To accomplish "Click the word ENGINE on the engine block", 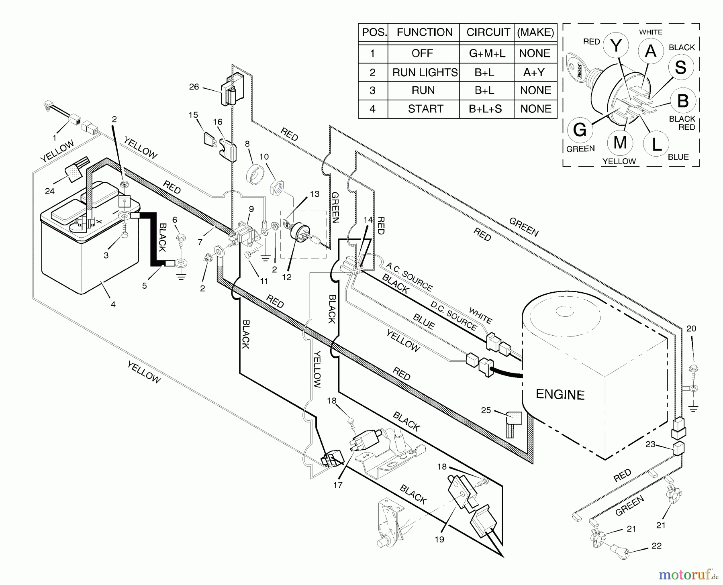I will [560, 395].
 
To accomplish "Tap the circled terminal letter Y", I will [616, 46].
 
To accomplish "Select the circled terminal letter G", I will [580, 130].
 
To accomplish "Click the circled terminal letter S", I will [680, 67].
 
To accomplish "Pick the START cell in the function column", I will [425, 109].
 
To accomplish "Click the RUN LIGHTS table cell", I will [425, 72].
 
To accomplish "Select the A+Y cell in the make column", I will [534, 72].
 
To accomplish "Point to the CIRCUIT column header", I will [488, 33].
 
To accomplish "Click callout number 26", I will [194, 87].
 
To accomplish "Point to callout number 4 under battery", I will [113, 304].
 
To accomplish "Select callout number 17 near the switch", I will [338, 485].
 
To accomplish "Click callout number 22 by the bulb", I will [656, 546].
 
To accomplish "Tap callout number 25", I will [486, 410].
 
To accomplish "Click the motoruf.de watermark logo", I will [687, 575].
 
